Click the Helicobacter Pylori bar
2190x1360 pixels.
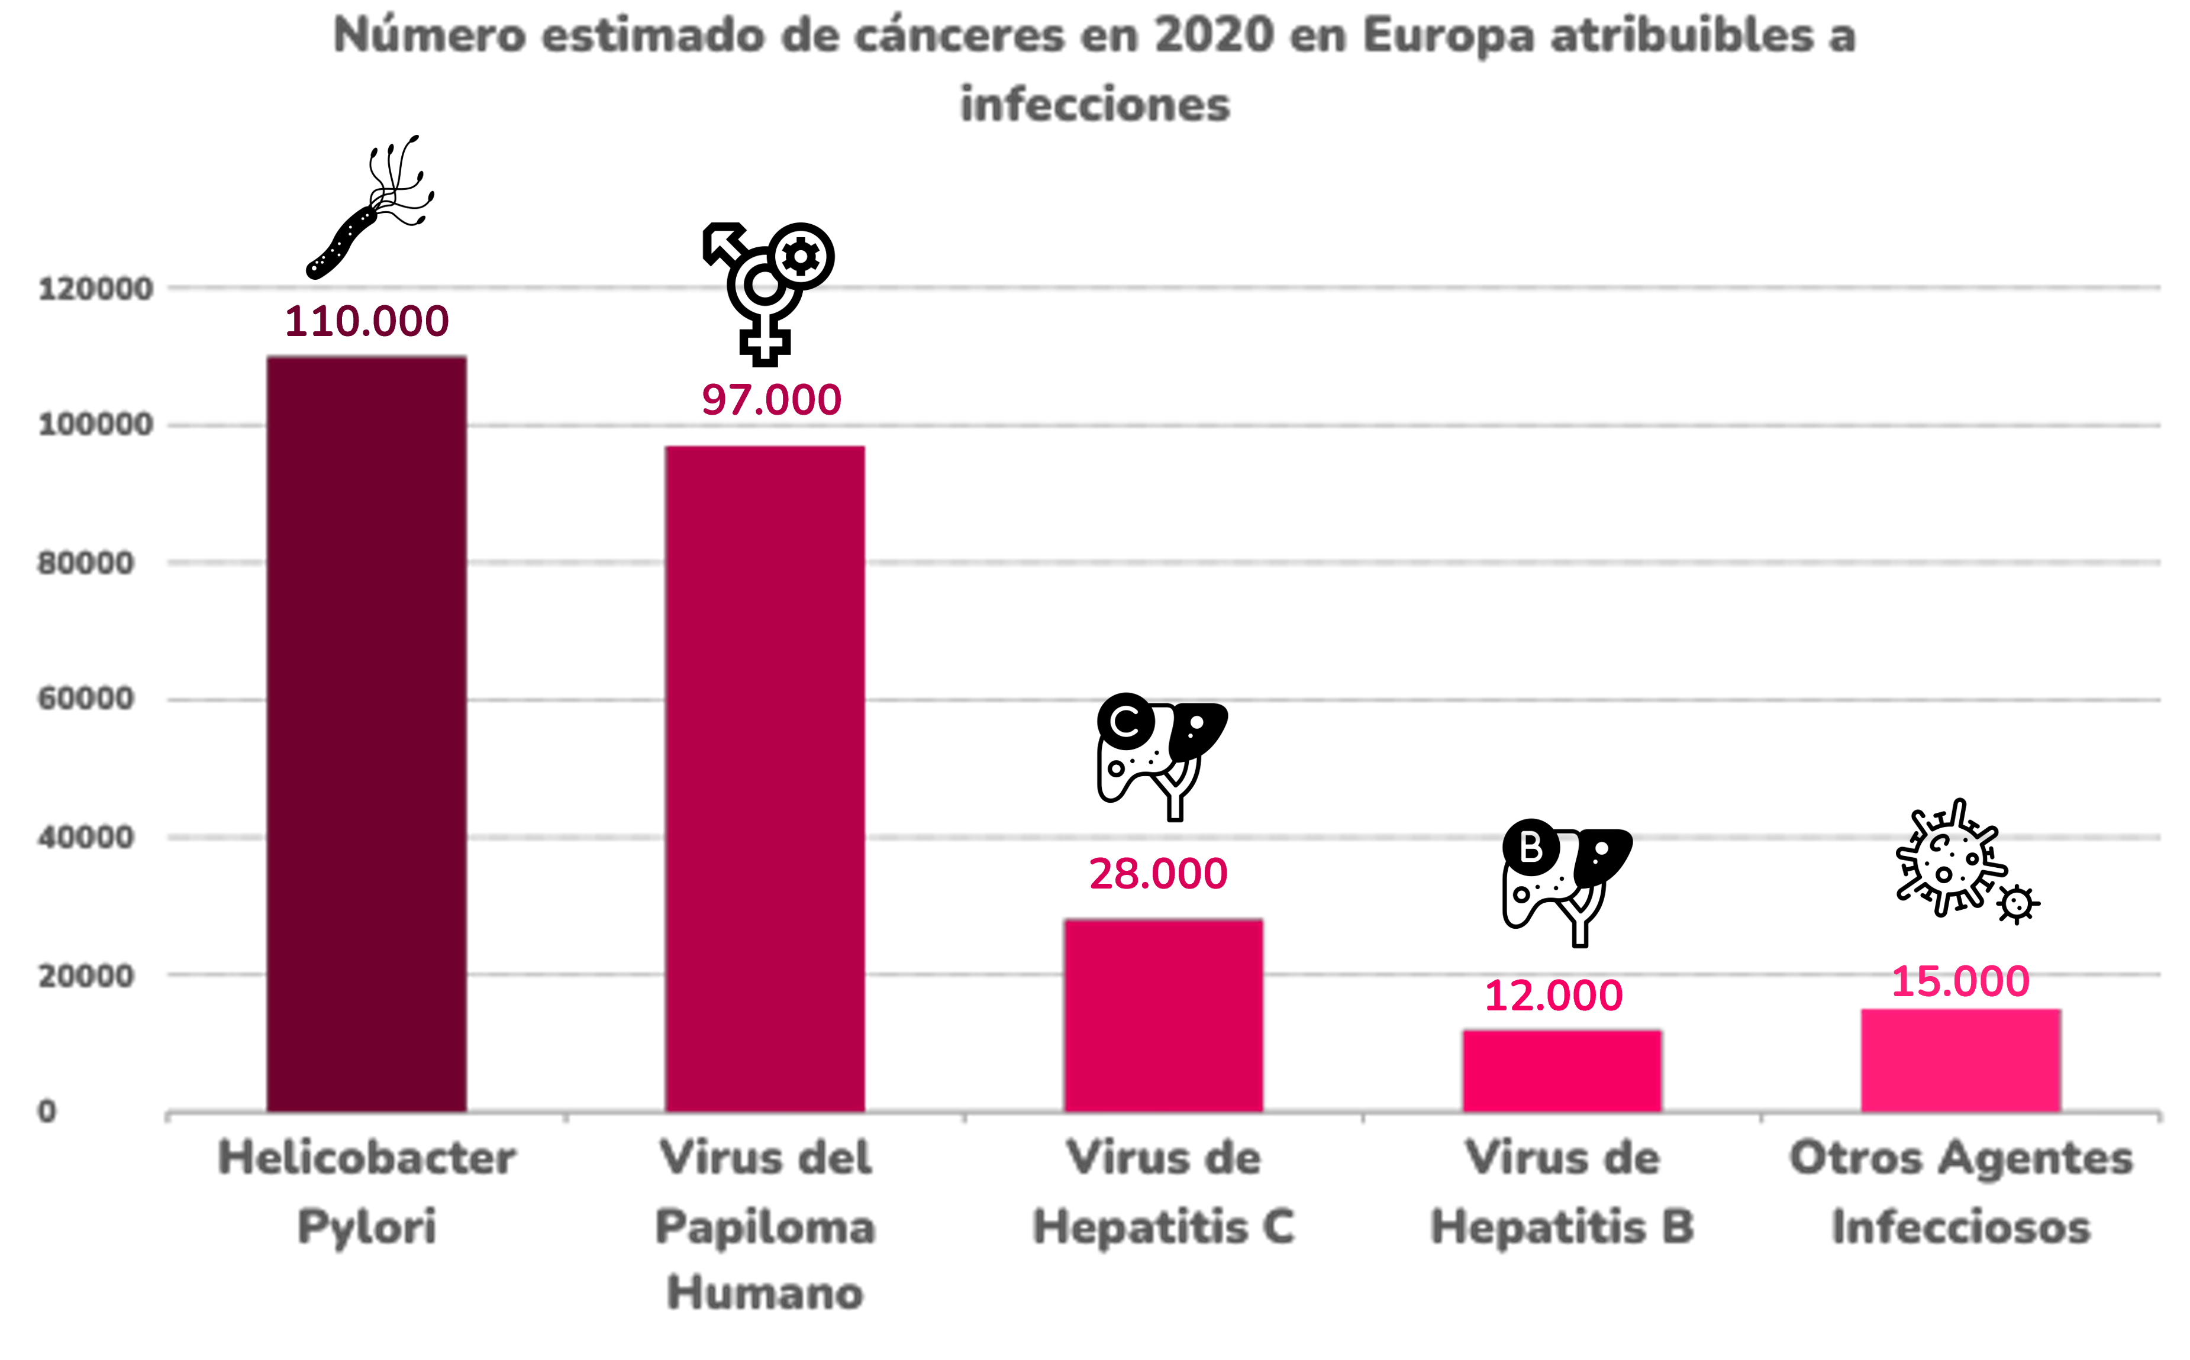tap(367, 733)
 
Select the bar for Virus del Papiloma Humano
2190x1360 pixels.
tap(765, 778)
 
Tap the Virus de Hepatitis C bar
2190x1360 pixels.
tap(1163, 1015)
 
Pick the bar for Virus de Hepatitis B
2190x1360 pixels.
tap(1562, 1070)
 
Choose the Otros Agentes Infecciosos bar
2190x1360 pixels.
tap(1960, 1059)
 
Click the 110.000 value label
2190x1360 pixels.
tap(367, 322)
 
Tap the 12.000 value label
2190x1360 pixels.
tap(1554, 996)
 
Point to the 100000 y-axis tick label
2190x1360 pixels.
tap(95, 425)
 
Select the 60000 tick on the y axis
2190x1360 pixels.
tap(85, 699)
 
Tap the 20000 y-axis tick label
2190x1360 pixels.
tap(85, 976)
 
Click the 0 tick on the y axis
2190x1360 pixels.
tap(47, 1112)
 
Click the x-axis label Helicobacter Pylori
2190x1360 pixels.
tap(367, 1192)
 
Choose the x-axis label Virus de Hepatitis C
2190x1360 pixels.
tap(1163, 1192)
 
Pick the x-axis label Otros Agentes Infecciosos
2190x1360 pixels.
tap(1960, 1192)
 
